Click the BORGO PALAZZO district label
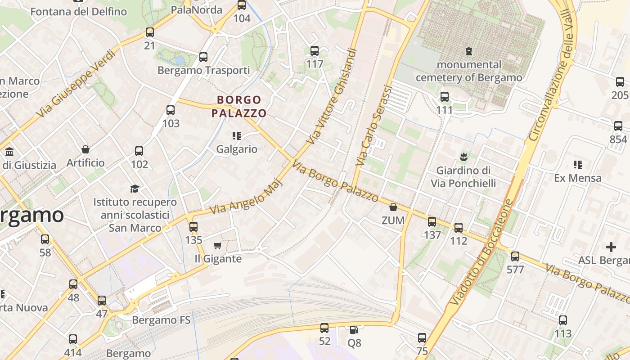click(239, 106)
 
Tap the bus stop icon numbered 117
click(315, 51)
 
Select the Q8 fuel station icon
click(354, 330)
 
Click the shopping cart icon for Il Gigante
click(218, 245)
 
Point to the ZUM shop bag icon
click(393, 207)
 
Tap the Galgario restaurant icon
click(237, 135)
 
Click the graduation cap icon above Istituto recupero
click(135, 188)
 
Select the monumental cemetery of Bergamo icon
click(469, 51)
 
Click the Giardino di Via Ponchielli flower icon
click(463, 157)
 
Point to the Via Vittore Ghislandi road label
click(333, 96)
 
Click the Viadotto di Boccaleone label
click(481, 252)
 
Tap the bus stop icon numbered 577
click(515, 256)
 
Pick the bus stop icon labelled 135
click(193, 227)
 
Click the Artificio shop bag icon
click(85, 149)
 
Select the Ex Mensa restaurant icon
click(578, 164)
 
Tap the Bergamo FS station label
click(161, 320)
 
